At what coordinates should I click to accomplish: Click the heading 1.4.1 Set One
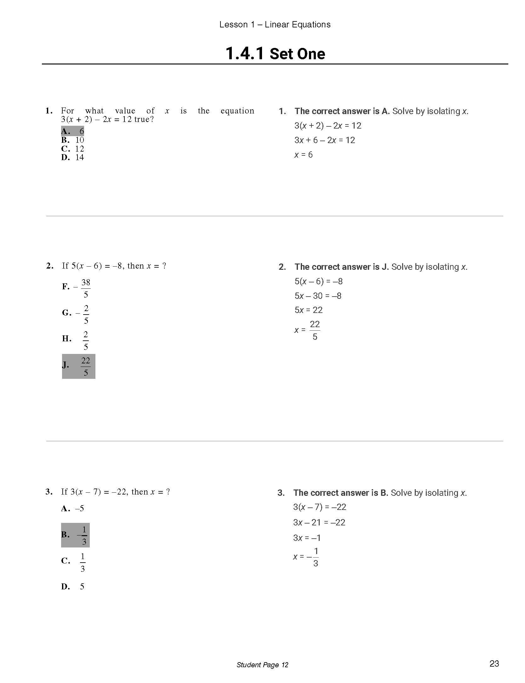[x=275, y=54]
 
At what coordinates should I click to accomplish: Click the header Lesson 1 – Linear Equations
[x=275, y=25]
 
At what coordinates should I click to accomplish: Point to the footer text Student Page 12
[x=262, y=665]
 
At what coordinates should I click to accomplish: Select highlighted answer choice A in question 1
[x=73, y=131]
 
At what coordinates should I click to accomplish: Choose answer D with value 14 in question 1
[x=73, y=157]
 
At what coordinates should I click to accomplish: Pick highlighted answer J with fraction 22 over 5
[x=78, y=366]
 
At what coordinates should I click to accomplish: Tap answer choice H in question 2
[x=76, y=339]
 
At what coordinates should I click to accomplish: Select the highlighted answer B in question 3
[x=76, y=535]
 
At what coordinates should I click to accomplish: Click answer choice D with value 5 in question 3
[x=73, y=587]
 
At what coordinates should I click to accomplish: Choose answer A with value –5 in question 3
[x=73, y=508]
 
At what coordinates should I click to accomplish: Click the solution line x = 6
[x=303, y=155]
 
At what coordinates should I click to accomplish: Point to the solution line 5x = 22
[x=309, y=310]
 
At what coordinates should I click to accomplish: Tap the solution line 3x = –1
[x=307, y=538]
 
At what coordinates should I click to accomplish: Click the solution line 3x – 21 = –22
[x=319, y=523]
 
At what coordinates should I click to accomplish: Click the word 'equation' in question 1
[x=237, y=111]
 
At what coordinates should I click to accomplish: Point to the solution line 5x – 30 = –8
[x=318, y=296]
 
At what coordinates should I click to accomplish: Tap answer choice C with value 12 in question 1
[x=73, y=149]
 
